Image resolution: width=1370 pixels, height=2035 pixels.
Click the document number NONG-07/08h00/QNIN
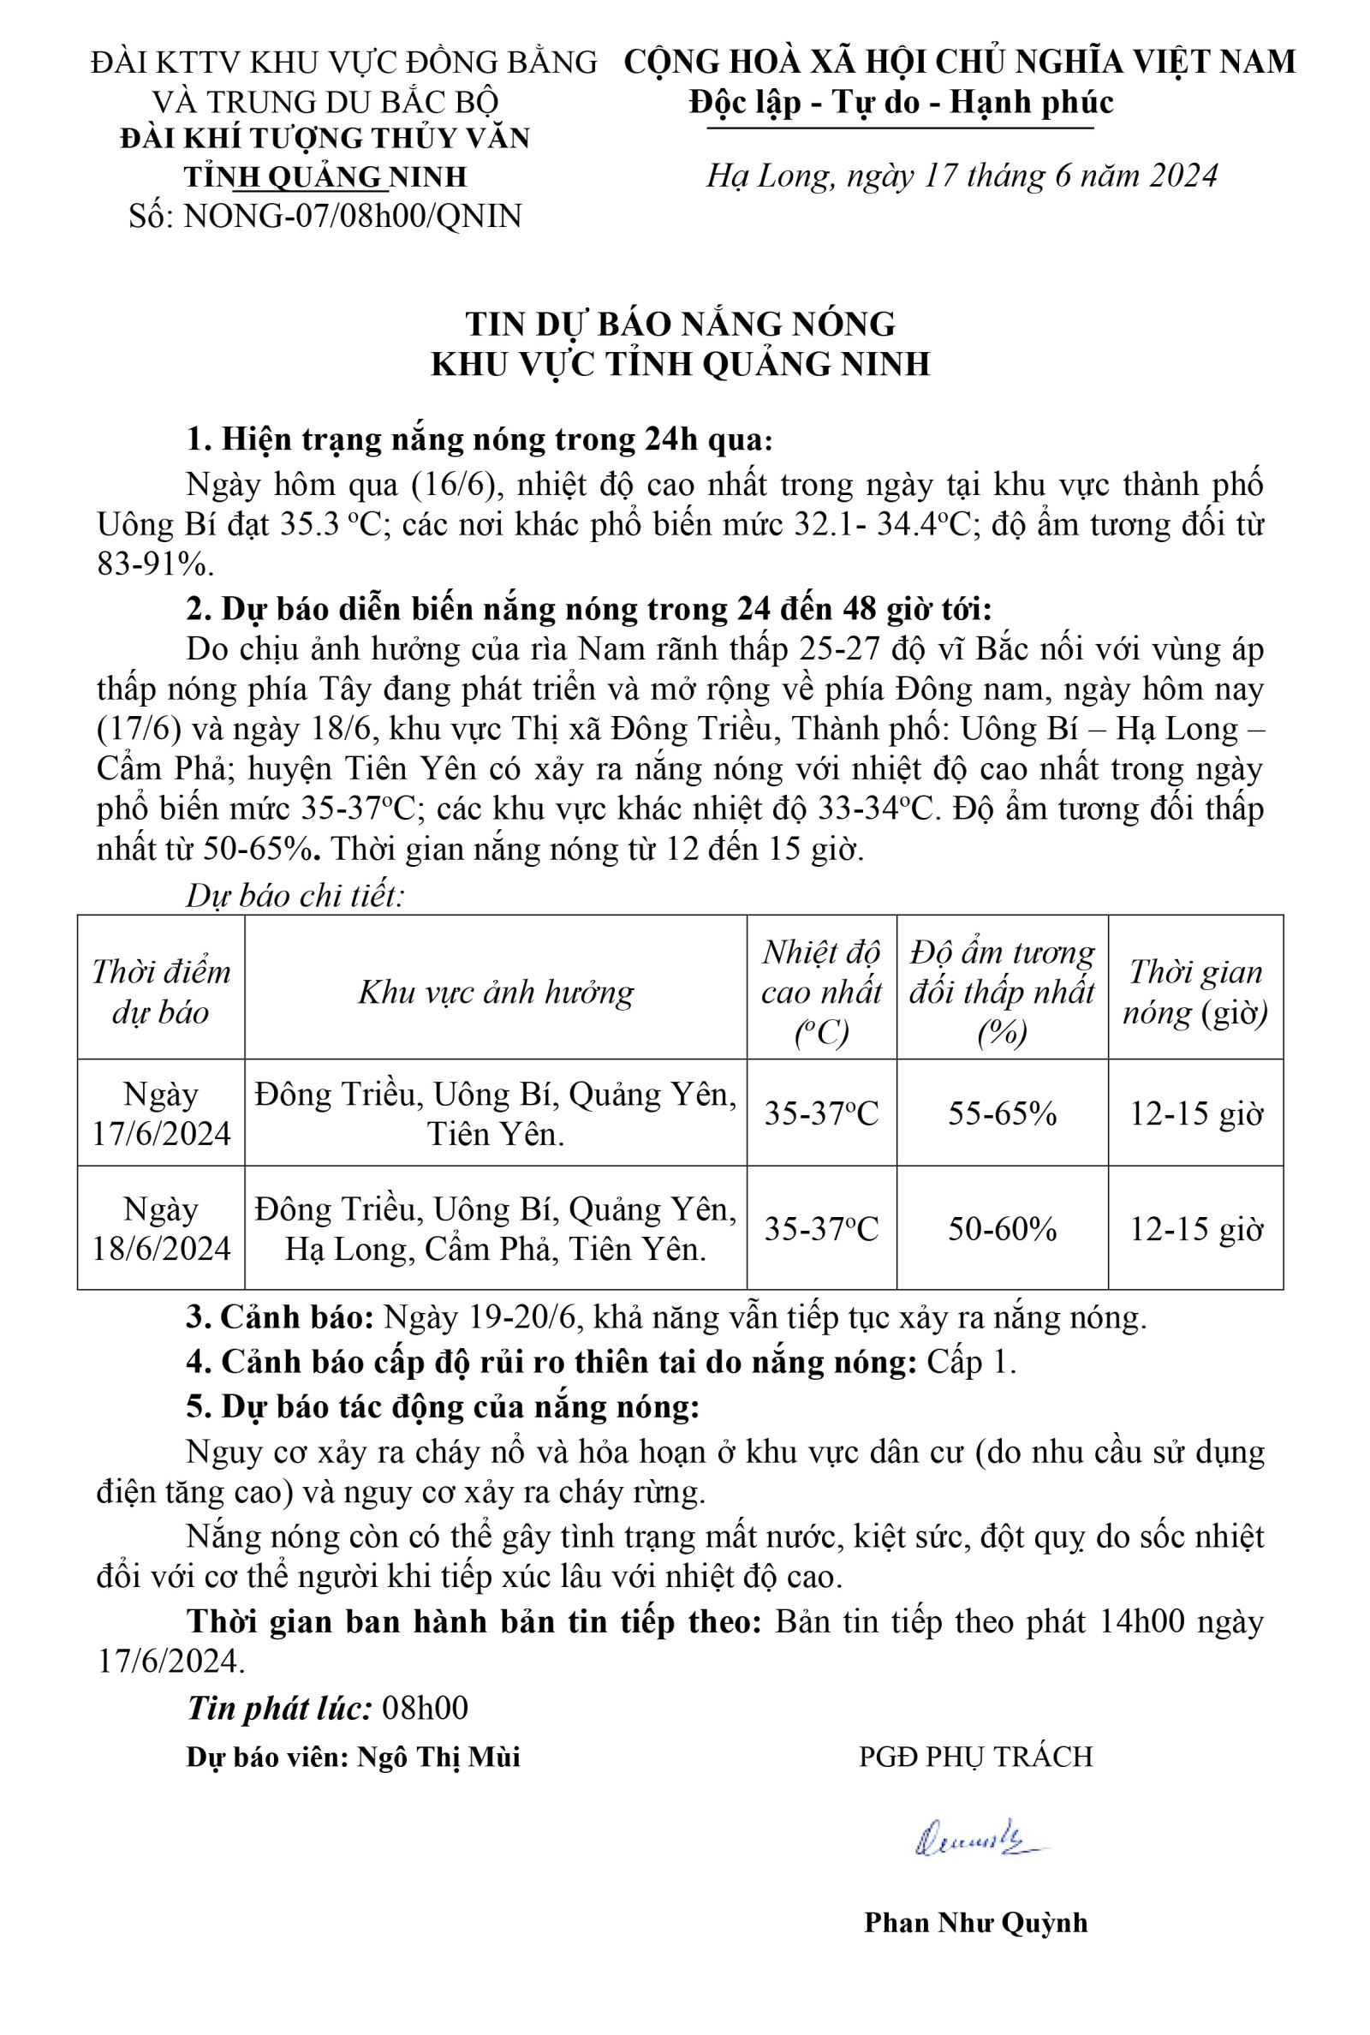352,215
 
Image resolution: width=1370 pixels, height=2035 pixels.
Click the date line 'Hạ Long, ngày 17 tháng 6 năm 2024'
961,176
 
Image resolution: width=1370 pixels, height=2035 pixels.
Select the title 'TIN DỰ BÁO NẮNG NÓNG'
681,323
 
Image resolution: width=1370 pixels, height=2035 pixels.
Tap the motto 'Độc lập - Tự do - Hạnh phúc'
900,102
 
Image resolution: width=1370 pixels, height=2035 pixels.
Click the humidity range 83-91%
156,564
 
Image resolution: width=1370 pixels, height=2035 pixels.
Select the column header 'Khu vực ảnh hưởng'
496,992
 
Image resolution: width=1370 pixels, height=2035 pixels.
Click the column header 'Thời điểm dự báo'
161,992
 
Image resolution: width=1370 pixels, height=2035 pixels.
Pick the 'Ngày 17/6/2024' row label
161,1113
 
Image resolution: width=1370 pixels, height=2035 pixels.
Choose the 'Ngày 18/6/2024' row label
161,1228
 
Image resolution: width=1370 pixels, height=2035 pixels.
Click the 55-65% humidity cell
1002,1114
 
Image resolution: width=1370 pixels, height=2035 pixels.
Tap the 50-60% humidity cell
1002,1229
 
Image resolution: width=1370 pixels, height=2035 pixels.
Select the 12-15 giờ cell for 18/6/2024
1196,1229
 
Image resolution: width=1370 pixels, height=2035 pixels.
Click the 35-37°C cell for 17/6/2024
821,1114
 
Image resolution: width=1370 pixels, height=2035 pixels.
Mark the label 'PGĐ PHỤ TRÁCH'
976,1757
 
